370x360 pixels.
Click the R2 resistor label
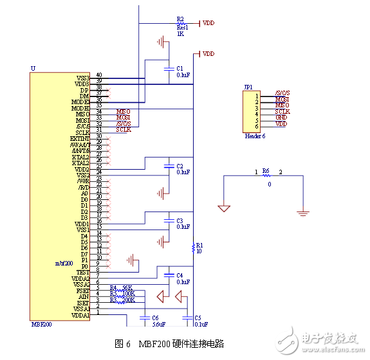pyautogui.click(x=180, y=19)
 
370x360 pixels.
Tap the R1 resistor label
pyautogui.click(x=199, y=245)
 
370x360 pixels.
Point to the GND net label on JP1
pyautogui.click(x=281, y=116)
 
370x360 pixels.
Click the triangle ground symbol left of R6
pyautogui.click(x=224, y=208)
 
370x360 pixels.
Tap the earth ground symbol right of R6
pyautogui.click(x=304, y=211)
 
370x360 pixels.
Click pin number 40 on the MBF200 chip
pyautogui.click(x=99, y=75)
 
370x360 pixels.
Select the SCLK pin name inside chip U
pyautogui.click(x=82, y=132)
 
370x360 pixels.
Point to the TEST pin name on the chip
pyautogui.click(x=82, y=272)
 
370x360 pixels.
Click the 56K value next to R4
pyautogui.click(x=128, y=287)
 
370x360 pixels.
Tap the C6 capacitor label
pyautogui.click(x=154, y=318)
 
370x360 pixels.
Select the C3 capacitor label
pyautogui.click(x=180, y=221)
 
